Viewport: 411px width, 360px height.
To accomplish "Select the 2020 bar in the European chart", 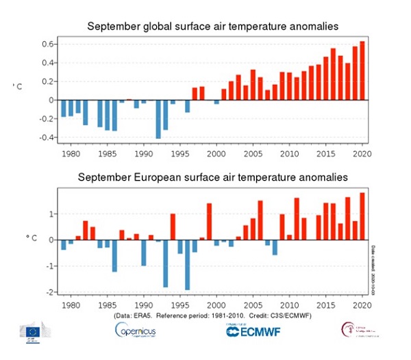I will (362, 216).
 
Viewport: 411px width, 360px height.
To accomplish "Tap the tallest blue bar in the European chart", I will (187, 265).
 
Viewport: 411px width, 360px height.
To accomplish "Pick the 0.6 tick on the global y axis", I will (45, 44).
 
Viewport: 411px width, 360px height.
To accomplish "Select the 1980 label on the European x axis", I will (71, 305).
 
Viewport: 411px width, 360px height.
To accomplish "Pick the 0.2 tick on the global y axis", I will (45, 81).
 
